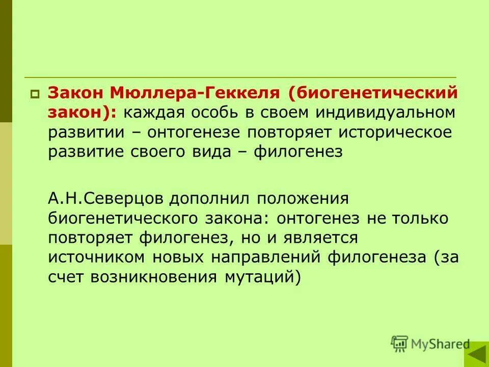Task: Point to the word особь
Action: point(213,112)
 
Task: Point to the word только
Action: point(421,218)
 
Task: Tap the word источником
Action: point(98,257)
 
